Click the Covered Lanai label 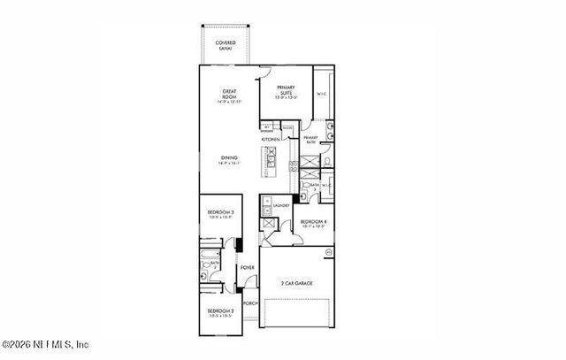(x=226, y=44)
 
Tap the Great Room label (x=227, y=95)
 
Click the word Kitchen (x=271, y=140)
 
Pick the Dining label (x=229, y=160)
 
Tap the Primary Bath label (x=310, y=140)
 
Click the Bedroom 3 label (x=220, y=214)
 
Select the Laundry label (x=281, y=205)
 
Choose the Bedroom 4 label (x=313, y=223)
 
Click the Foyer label (x=248, y=266)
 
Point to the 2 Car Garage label (x=296, y=284)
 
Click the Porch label (x=250, y=303)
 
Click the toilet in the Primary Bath (x=326, y=162)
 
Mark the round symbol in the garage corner (x=328, y=252)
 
